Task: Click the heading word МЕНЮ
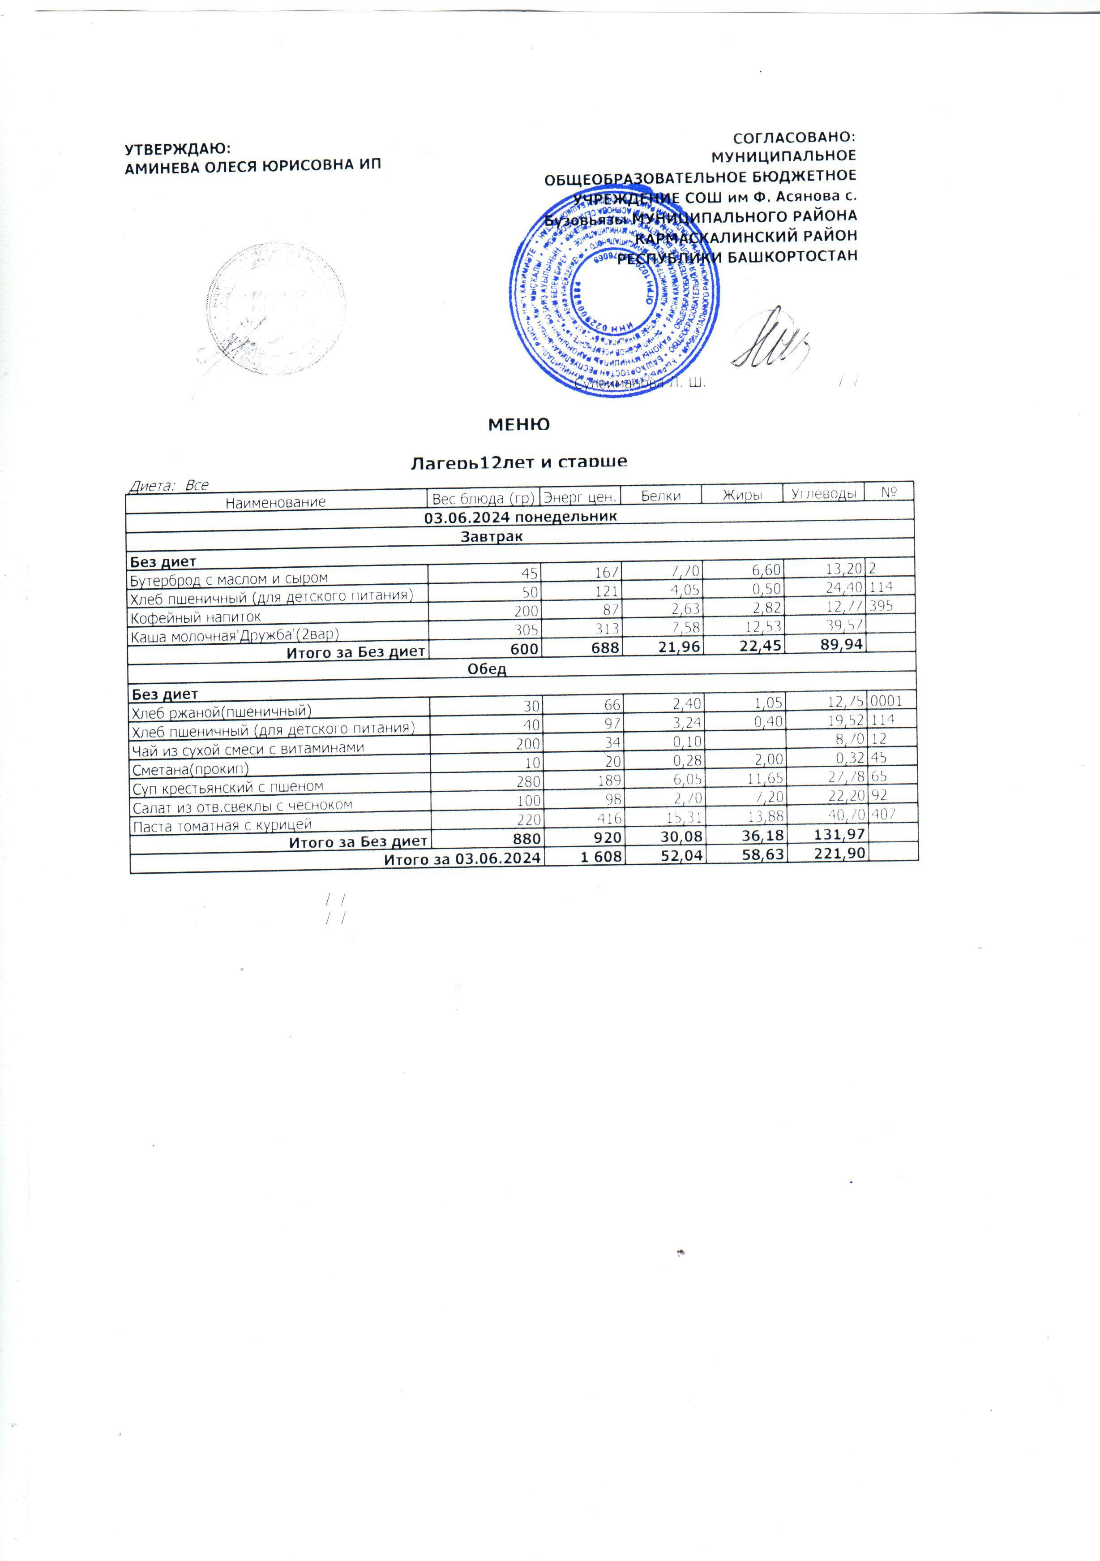[519, 425]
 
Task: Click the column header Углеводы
[823, 494]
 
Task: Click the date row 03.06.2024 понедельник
[520, 517]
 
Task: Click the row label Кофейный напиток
[196, 617]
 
